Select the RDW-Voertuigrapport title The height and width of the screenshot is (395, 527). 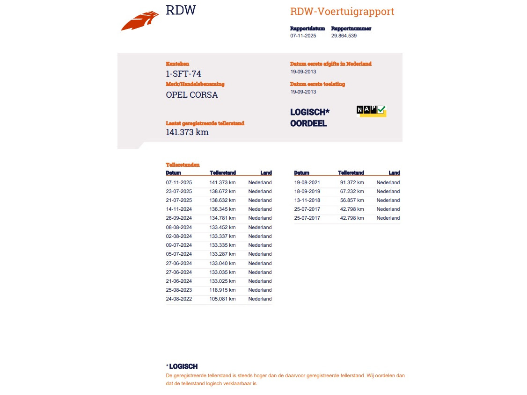342,12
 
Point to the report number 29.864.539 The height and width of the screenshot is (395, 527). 344,36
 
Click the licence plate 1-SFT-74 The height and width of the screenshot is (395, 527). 183,73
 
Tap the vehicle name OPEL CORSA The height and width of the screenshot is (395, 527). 192,95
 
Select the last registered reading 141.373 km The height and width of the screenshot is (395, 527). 187,132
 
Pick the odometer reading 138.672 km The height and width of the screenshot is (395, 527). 222,191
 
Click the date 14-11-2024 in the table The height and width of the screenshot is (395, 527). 179,209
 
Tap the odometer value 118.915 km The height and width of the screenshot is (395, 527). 222,290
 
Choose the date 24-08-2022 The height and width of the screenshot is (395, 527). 179,299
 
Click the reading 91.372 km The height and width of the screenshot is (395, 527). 352,182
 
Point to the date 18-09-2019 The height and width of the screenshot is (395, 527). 307,191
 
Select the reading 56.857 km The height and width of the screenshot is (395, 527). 352,200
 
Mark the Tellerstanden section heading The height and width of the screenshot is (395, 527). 183,165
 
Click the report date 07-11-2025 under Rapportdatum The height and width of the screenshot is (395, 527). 303,36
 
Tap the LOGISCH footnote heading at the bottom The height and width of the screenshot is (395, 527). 183,366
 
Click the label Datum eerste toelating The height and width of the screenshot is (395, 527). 317,84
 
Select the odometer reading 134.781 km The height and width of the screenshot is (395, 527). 222,218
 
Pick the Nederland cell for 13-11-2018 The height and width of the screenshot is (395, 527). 388,200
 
